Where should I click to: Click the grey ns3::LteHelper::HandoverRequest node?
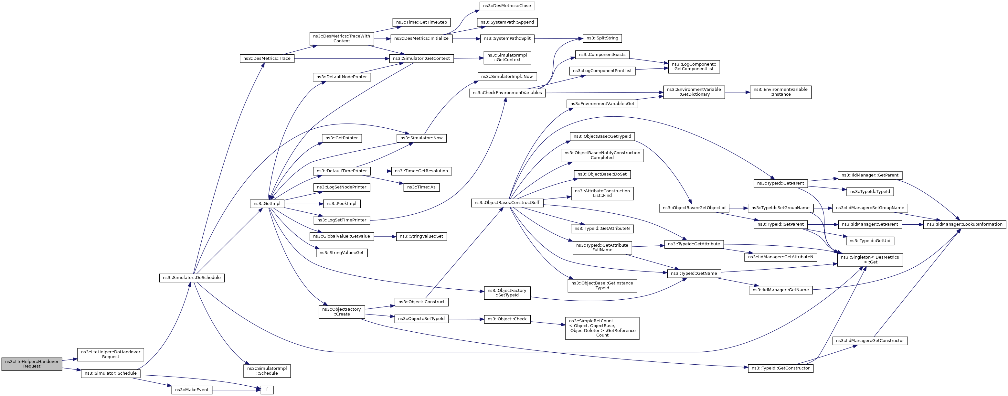pyautogui.click(x=32, y=364)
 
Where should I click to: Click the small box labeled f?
pyautogui.click(x=267, y=390)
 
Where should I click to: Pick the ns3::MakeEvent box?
pyautogui.click(x=192, y=390)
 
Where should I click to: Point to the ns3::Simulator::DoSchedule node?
pyautogui.click(x=192, y=278)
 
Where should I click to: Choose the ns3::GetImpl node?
pyautogui.click(x=267, y=204)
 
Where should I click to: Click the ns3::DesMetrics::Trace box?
pyautogui.click(x=267, y=59)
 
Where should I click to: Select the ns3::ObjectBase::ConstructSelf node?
pyautogui.click(x=507, y=203)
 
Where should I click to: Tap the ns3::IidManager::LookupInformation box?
pyautogui.click(x=965, y=225)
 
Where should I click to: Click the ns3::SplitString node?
pyautogui.click(x=602, y=38)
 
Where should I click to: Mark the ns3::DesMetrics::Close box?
pyautogui.click(x=507, y=6)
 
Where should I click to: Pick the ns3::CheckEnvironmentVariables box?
pyautogui.click(x=507, y=93)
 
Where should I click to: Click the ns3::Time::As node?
pyautogui.click(x=421, y=187)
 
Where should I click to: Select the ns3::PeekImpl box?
pyautogui.click(x=341, y=204)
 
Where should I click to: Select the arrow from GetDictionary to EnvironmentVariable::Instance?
pyautogui.click(x=737, y=92)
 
